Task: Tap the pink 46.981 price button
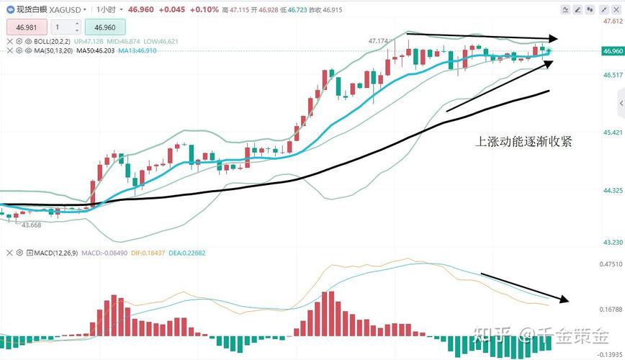click(x=26, y=27)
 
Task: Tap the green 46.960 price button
click(x=105, y=27)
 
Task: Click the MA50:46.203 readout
click(x=96, y=50)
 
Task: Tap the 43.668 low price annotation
click(x=31, y=225)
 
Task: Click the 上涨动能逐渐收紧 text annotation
click(x=524, y=142)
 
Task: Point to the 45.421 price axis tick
click(x=612, y=132)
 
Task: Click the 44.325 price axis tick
click(x=612, y=190)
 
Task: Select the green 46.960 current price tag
click(x=612, y=51)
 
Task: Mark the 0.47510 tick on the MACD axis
click(x=612, y=264)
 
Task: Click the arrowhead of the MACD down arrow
click(x=566, y=300)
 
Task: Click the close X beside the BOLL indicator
click(x=9, y=42)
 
